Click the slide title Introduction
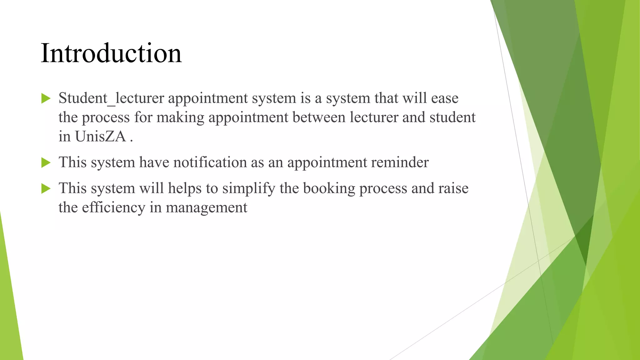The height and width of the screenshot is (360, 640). click(x=111, y=53)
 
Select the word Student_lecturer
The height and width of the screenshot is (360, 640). click(x=111, y=98)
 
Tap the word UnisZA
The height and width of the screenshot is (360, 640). click(x=100, y=136)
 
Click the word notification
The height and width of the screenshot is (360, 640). click(x=210, y=162)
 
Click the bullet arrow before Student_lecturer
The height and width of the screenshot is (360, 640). click(x=46, y=98)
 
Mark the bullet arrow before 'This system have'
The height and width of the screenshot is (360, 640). click(x=46, y=162)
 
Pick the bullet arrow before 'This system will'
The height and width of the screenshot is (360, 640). click(x=46, y=188)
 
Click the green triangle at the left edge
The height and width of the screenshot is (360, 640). click(x=9, y=312)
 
